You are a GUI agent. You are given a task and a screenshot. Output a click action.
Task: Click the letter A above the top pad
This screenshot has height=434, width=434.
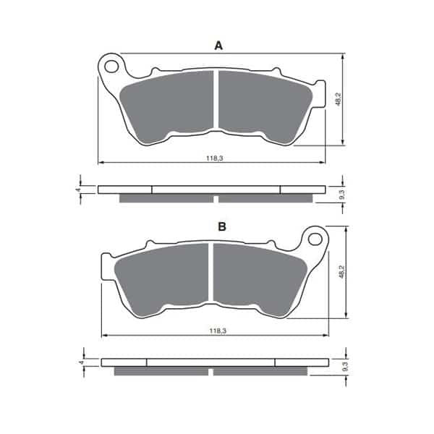[x=218, y=46]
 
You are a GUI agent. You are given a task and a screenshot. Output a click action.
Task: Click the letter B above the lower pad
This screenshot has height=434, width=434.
[x=222, y=226]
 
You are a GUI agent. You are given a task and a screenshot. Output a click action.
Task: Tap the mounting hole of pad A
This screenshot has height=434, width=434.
[x=112, y=67]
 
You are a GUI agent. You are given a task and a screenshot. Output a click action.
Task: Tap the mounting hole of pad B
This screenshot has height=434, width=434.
[x=315, y=239]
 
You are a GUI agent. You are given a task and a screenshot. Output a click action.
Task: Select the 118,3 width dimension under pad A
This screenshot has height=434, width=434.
[x=215, y=158]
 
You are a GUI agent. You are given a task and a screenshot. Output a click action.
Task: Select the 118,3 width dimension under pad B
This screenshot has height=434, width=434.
[x=218, y=331]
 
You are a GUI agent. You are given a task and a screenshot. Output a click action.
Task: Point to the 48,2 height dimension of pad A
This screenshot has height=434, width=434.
[x=338, y=99]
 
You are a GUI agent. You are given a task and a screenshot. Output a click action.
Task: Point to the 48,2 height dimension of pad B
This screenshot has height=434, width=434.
[x=341, y=271]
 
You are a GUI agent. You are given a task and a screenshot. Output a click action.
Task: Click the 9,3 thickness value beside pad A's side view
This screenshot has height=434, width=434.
[x=342, y=195]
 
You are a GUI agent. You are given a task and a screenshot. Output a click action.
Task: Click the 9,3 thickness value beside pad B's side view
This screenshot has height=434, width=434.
[x=345, y=367]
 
